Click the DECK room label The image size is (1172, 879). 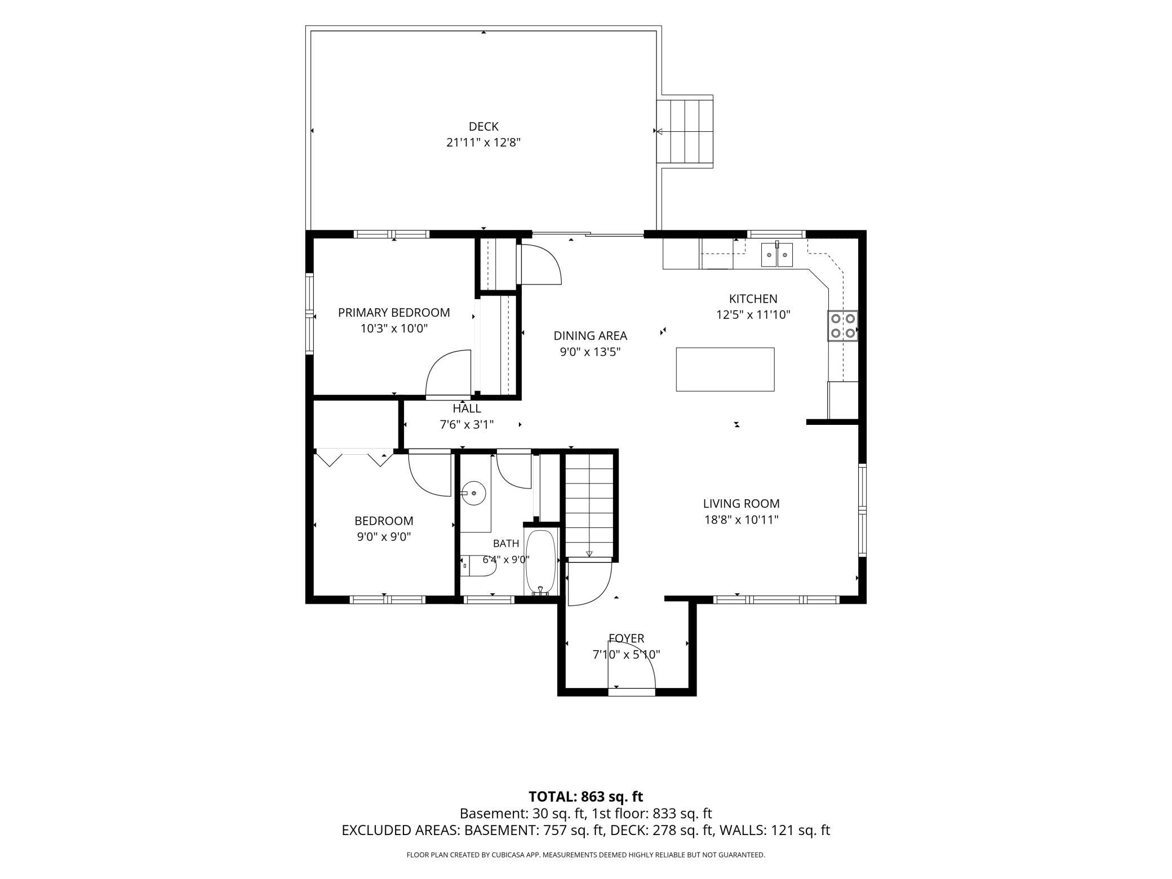click(483, 127)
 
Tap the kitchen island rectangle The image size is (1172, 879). click(725, 369)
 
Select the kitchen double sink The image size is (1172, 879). click(777, 254)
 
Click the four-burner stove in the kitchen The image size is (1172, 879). click(842, 326)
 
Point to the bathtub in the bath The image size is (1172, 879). click(541, 562)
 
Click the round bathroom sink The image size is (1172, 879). click(473, 494)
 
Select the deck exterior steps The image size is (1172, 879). click(685, 131)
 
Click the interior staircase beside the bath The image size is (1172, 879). click(589, 505)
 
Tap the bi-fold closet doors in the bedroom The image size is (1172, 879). click(354, 458)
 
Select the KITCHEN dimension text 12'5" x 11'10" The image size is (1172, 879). click(753, 315)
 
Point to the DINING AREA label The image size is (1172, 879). click(590, 336)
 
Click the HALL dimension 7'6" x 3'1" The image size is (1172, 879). click(467, 425)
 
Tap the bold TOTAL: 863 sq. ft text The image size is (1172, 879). click(586, 797)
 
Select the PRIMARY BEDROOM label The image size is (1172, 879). click(394, 313)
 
